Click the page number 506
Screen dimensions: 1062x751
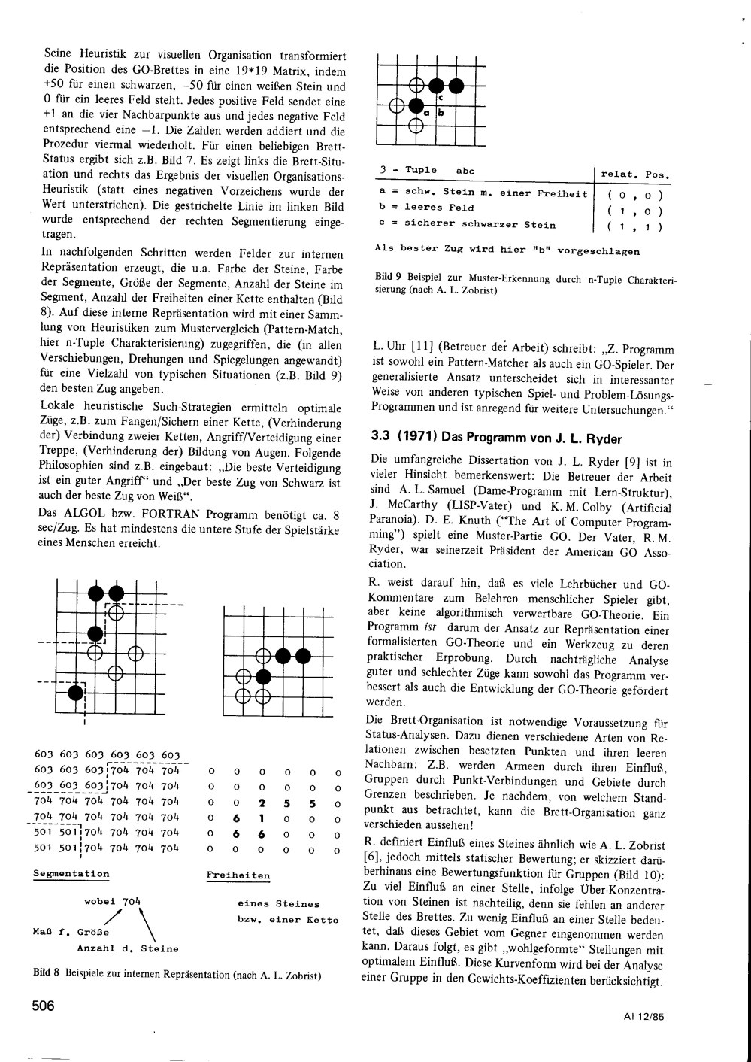[43, 1006]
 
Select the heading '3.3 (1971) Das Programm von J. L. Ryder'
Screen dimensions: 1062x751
[497, 438]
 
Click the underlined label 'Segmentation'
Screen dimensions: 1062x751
[71, 874]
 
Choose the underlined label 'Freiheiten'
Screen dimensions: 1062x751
[238, 875]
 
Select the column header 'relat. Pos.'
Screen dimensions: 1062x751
[635, 174]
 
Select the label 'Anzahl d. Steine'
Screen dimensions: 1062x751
[128, 948]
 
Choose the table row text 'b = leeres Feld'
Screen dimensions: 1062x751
[426, 208]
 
